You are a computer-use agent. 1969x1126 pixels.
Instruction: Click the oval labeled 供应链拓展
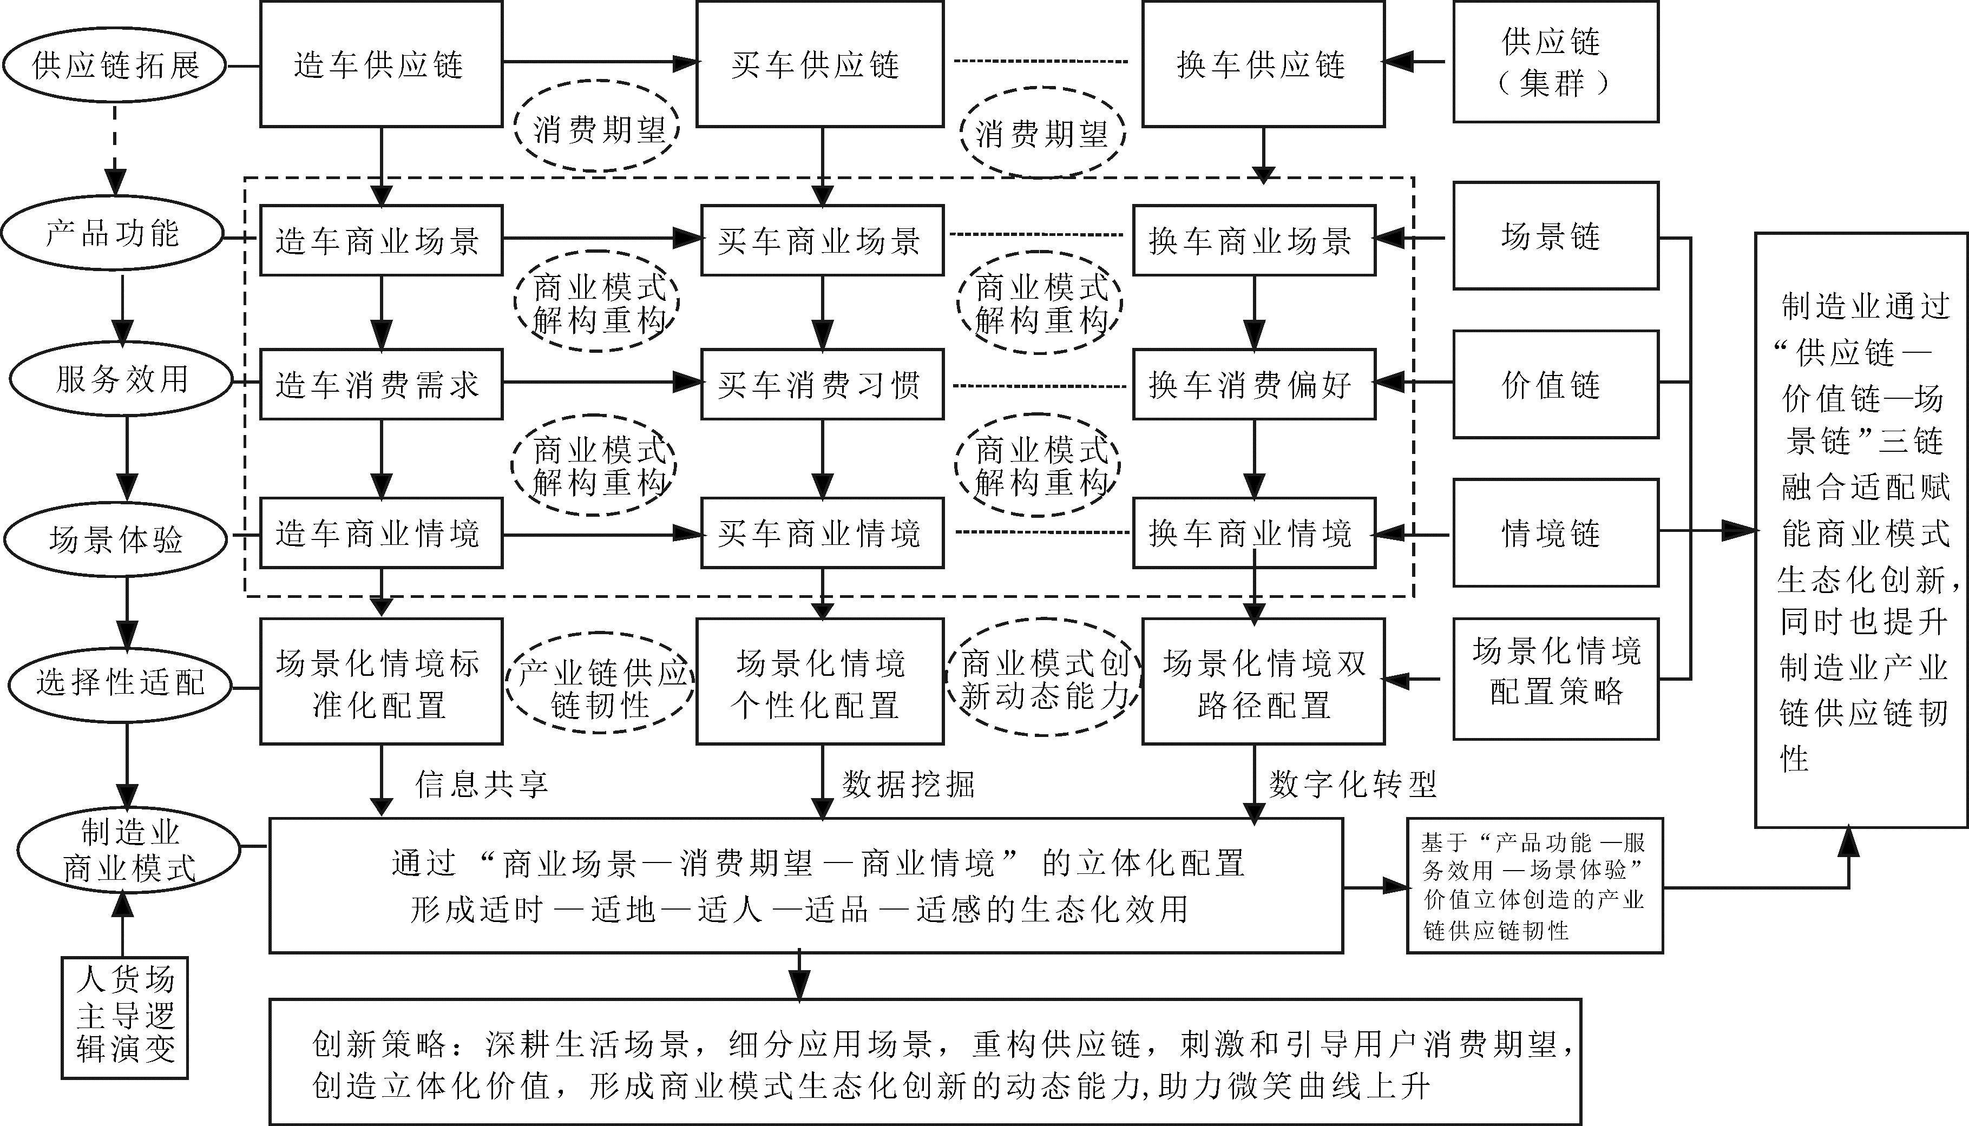pyautogui.click(x=114, y=65)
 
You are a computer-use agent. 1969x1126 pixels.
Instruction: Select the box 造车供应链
pyautogui.click(x=380, y=64)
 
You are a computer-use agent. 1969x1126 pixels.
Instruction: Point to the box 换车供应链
pyautogui.click(x=1262, y=64)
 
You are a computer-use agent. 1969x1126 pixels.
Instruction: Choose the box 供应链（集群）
pyautogui.click(x=1555, y=62)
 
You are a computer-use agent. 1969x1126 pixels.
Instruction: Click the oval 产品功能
pyautogui.click(x=113, y=233)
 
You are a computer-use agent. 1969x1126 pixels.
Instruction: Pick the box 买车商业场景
pyautogui.click(x=822, y=240)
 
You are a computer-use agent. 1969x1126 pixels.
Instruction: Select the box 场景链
pyautogui.click(x=1555, y=236)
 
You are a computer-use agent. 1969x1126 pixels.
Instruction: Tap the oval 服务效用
pyautogui.click(x=121, y=379)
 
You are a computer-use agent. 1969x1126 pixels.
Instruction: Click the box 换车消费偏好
pyautogui.click(x=1253, y=384)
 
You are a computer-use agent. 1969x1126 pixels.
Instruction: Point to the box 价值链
pyautogui.click(x=1555, y=384)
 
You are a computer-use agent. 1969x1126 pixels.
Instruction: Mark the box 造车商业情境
pyautogui.click(x=380, y=534)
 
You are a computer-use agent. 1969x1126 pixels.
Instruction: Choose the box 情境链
pyautogui.click(x=1555, y=533)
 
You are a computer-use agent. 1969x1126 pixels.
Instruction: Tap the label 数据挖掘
pyautogui.click(x=908, y=784)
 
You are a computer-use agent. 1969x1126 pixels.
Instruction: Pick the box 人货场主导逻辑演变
pyautogui.click(x=125, y=1017)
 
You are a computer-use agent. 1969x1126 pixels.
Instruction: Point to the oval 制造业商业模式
pyautogui.click(x=129, y=850)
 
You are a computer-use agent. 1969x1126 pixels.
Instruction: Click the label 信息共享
pyautogui.click(x=482, y=784)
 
